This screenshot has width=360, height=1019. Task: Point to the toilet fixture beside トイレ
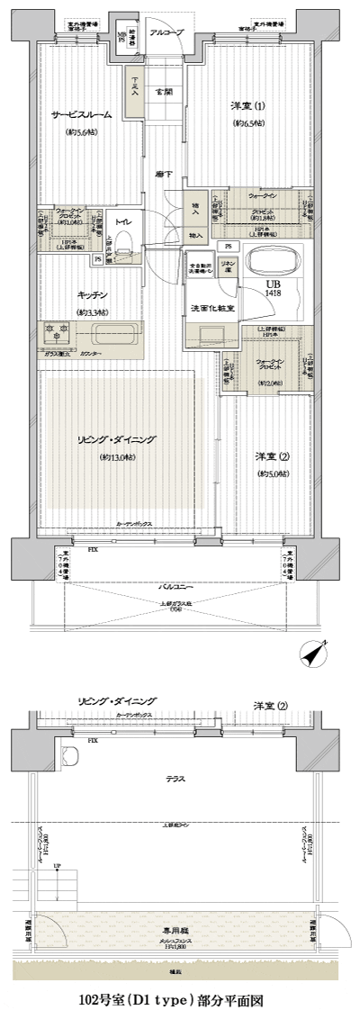pyautogui.click(x=125, y=239)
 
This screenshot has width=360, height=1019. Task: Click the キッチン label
pyautogui.click(x=92, y=295)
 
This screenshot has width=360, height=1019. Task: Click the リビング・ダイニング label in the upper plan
pyautogui.click(x=117, y=439)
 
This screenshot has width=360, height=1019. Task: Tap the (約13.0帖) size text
pyautogui.click(x=117, y=458)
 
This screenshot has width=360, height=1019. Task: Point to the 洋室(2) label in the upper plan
pyautogui.click(x=271, y=456)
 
